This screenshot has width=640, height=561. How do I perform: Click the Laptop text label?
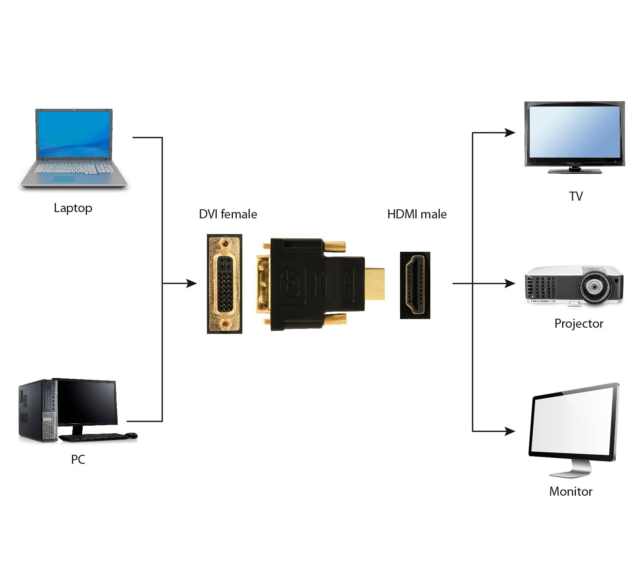point(73,208)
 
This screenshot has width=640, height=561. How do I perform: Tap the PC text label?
point(78,459)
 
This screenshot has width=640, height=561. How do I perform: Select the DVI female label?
point(228,214)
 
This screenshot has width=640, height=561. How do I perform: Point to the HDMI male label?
point(417,214)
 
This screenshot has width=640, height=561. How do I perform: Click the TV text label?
point(576,196)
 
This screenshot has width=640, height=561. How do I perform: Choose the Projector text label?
point(579,323)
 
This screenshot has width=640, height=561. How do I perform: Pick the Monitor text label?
point(571,491)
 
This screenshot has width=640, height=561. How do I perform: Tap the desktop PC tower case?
point(35,411)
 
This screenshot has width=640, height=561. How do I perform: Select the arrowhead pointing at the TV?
point(510,133)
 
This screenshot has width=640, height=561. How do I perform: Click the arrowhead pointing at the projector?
point(510,283)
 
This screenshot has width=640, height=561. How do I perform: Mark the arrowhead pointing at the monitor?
point(510,432)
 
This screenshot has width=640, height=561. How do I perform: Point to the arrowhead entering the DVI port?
point(192,283)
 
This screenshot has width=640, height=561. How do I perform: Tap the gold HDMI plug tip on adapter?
point(374,283)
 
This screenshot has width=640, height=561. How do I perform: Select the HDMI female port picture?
point(415,285)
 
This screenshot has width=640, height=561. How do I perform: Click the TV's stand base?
point(575,171)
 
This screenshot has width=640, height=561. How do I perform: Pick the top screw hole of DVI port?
point(225,243)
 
